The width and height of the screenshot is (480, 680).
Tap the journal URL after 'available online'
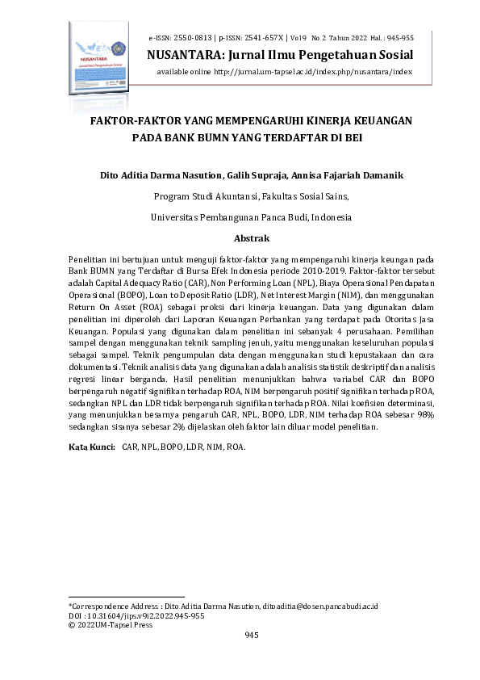pyautogui.click(x=313, y=71)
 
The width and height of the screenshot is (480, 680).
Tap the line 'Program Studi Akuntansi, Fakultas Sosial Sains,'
pyautogui.click(x=251, y=196)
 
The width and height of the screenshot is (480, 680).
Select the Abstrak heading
pyautogui.click(x=251, y=239)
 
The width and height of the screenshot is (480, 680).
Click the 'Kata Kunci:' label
pyautogui.click(x=90, y=446)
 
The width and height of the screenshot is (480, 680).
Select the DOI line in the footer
pyautogui.click(x=136, y=615)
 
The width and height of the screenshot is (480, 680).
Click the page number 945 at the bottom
pyautogui.click(x=251, y=636)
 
